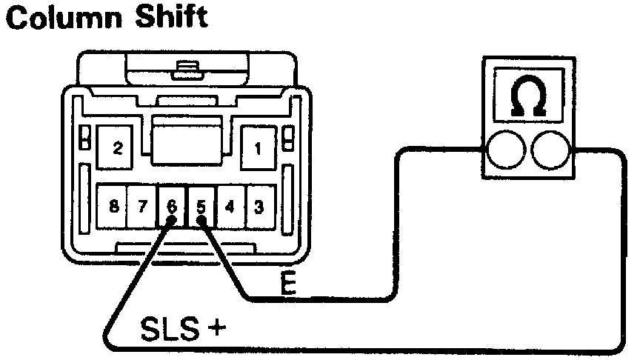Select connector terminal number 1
(x=258, y=147)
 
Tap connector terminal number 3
(x=258, y=207)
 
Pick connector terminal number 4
(x=230, y=207)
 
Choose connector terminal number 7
(x=142, y=207)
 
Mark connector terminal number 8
(x=113, y=207)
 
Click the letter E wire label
(x=289, y=286)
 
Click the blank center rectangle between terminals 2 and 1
(x=187, y=141)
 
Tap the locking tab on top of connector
(x=180, y=72)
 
